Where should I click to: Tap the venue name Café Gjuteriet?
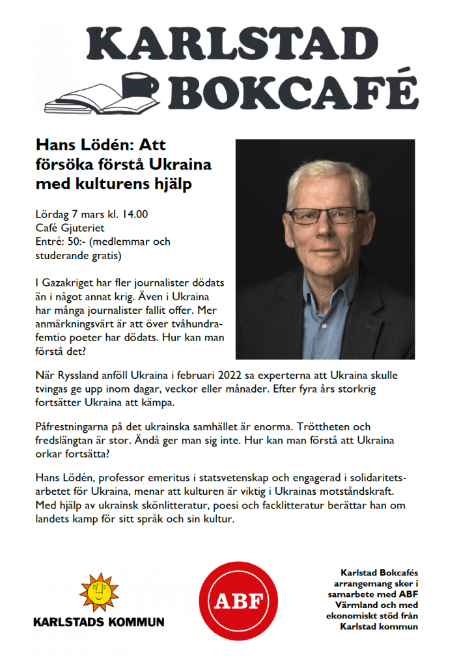tap(70, 227)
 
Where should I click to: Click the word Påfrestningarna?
tap(76, 426)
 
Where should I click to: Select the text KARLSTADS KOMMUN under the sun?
tap(99, 622)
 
